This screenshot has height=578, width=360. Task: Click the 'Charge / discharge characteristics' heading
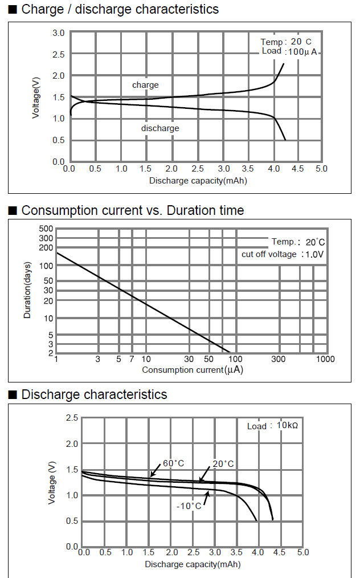119,9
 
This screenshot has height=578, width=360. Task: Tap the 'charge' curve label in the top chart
145,85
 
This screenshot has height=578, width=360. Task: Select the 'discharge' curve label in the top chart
160,128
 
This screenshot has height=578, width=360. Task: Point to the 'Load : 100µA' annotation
289,51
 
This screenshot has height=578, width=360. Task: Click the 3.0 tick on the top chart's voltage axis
58,33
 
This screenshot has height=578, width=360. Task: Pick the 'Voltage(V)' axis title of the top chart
36,97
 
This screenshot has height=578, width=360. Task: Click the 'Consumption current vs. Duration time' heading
132,210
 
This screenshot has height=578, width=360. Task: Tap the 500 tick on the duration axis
46,229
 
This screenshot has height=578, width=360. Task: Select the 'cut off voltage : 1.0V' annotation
282,254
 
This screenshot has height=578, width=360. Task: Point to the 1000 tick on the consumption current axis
325,359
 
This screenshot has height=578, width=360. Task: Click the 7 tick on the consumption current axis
132,359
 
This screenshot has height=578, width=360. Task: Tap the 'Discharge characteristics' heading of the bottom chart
94,394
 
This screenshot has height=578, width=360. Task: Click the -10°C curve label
189,506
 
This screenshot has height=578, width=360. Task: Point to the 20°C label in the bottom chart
223,464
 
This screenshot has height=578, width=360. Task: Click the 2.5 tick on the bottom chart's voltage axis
72,418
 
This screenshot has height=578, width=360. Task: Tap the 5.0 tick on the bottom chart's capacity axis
302,552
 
